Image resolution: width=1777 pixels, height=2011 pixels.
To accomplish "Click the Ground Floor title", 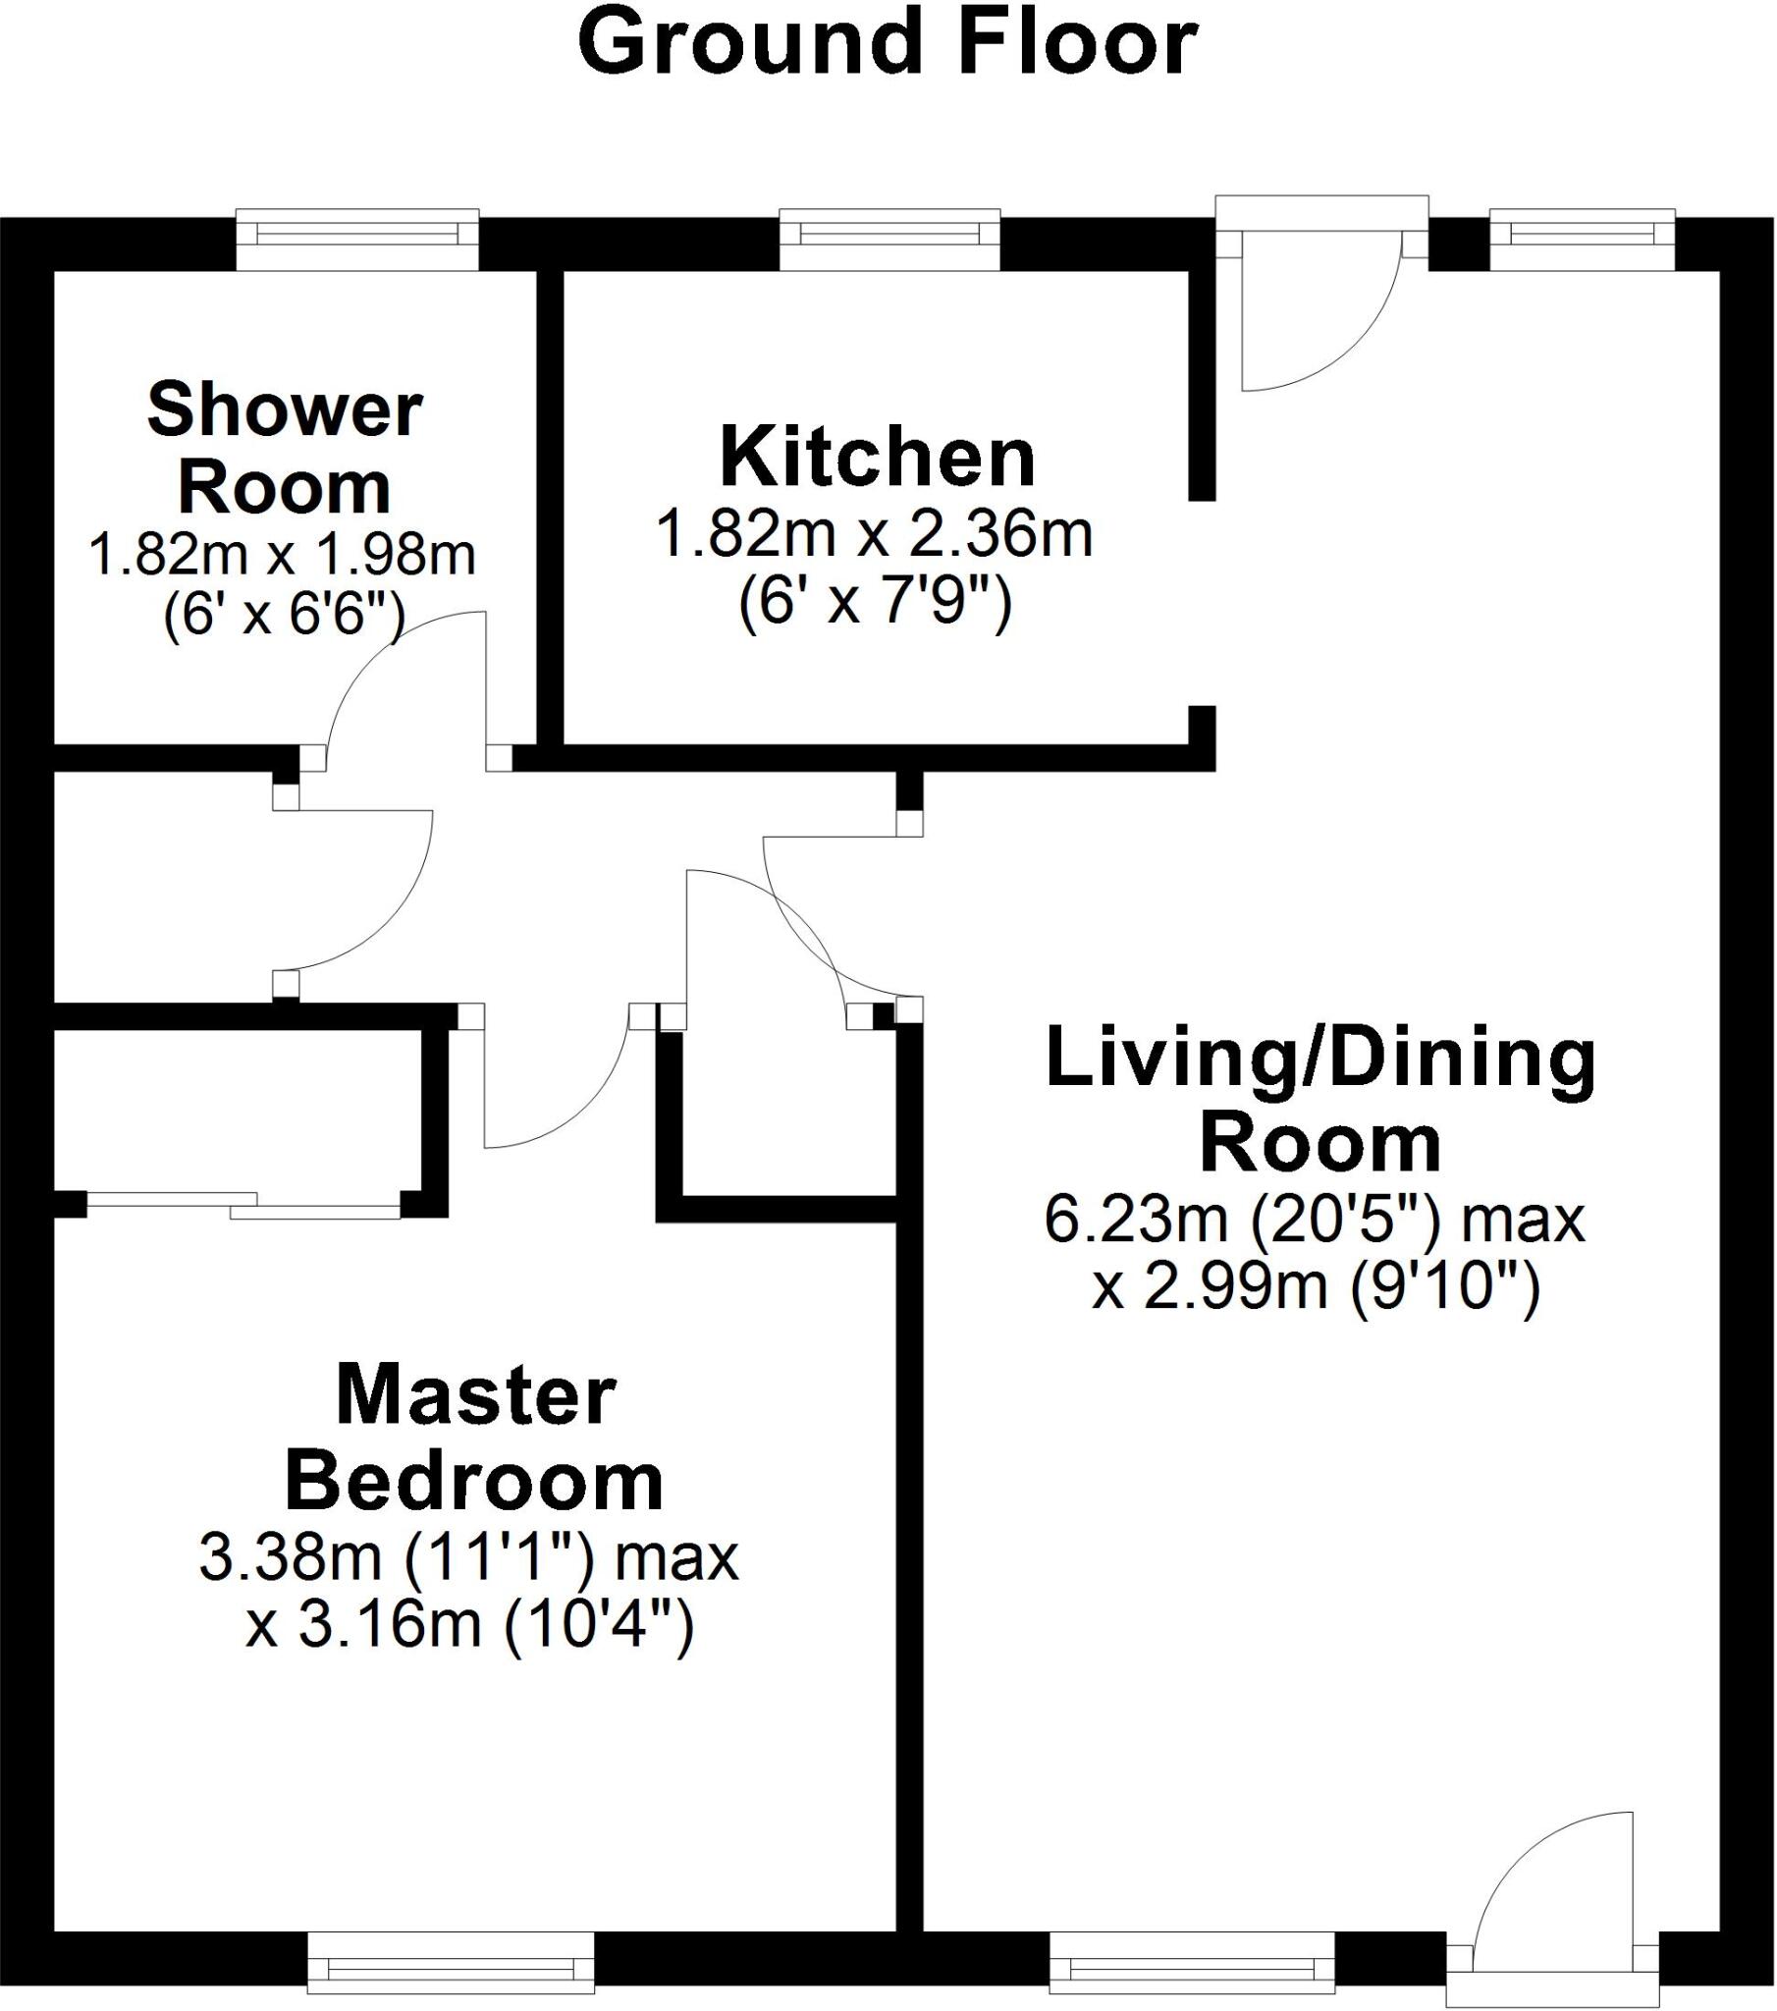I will click(888, 45).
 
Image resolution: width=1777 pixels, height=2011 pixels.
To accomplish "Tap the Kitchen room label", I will click(878, 458).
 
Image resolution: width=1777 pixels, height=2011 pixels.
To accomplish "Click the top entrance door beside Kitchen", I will click(1319, 296).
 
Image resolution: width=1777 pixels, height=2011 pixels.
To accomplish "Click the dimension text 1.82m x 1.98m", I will click(283, 556).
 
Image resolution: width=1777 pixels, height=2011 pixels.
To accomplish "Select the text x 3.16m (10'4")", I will click(470, 1624).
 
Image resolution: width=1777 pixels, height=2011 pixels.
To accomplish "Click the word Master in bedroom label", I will click(476, 1396).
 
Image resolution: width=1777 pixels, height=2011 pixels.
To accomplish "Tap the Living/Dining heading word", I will click(1320, 1060).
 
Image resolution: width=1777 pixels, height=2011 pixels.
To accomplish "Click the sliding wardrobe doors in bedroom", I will click(244, 1205).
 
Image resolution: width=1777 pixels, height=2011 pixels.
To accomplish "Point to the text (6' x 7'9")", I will click(875, 602).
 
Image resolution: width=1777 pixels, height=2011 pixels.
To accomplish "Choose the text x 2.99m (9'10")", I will click(1316, 1286).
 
